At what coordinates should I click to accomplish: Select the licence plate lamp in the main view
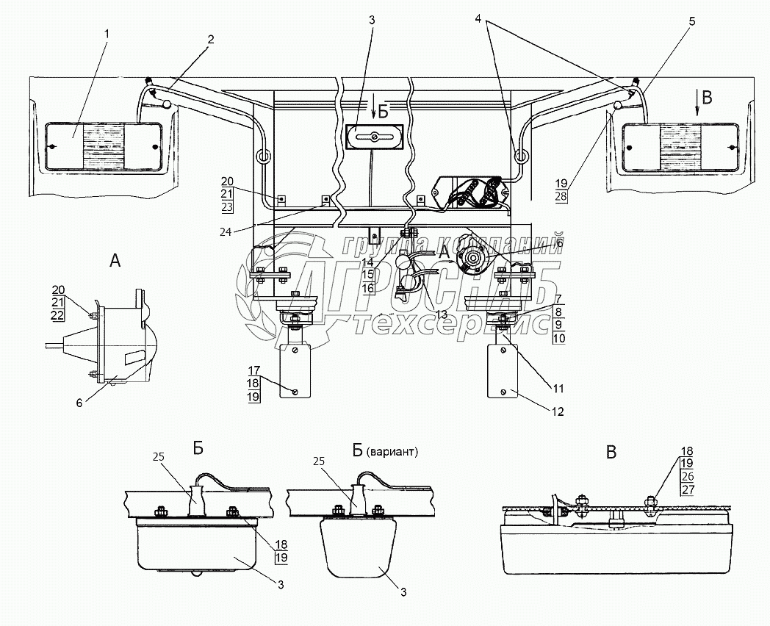point(375,137)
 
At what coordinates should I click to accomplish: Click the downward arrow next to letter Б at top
point(374,109)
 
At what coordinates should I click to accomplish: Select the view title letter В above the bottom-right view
point(611,453)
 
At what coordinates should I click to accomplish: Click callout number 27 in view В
point(688,491)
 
